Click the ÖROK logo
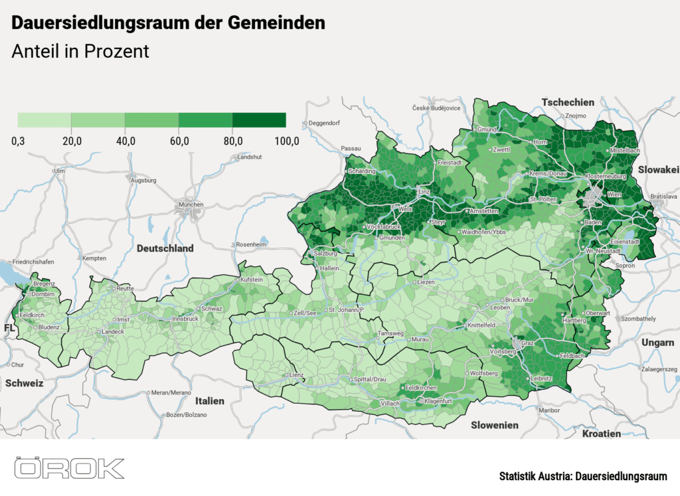tap(70, 468)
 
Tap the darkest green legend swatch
tap(259, 120)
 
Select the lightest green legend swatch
tap(44, 120)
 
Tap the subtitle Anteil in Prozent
tap(80, 51)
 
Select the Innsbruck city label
tap(185, 319)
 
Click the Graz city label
tap(528, 343)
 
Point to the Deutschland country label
tap(165, 248)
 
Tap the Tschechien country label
tap(568, 102)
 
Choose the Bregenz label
tap(44, 284)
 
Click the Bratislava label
tap(664, 197)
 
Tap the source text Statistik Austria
tap(536, 477)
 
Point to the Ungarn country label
tap(657, 343)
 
